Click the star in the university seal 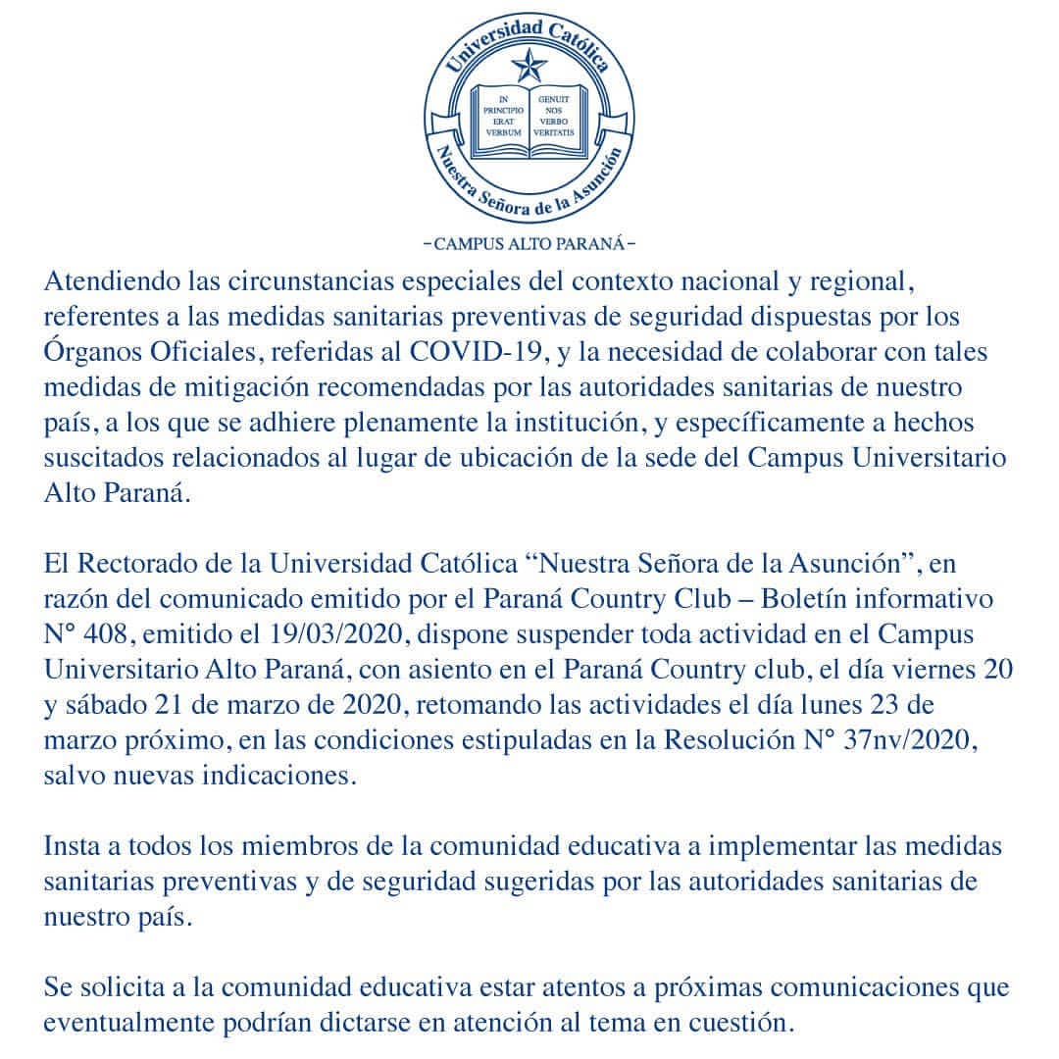coord(529,67)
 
